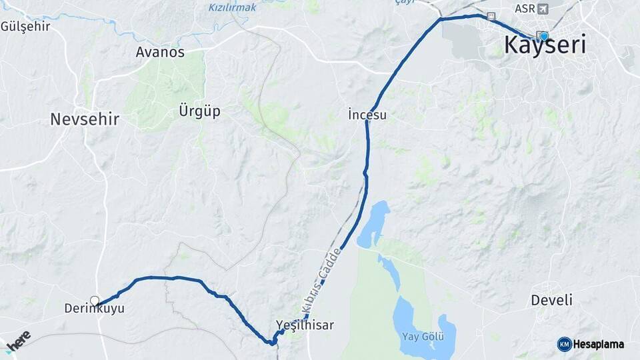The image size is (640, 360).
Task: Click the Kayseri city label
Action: pos(545,46)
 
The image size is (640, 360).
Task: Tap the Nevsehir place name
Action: pos(85,119)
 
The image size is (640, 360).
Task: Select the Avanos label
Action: pos(160,52)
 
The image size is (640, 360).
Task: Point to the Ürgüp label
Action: pos(199,111)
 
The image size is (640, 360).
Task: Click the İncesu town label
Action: pos(367,115)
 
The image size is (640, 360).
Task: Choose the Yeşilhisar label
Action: pos(305,325)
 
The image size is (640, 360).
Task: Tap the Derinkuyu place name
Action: pos(94,309)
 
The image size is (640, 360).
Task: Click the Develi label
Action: pos(551,300)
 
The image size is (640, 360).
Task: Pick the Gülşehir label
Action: pos(26,27)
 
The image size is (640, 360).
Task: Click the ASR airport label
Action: pos(525,9)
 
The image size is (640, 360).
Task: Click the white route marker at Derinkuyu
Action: pos(95,301)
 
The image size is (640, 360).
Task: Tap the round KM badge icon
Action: pos(564,344)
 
